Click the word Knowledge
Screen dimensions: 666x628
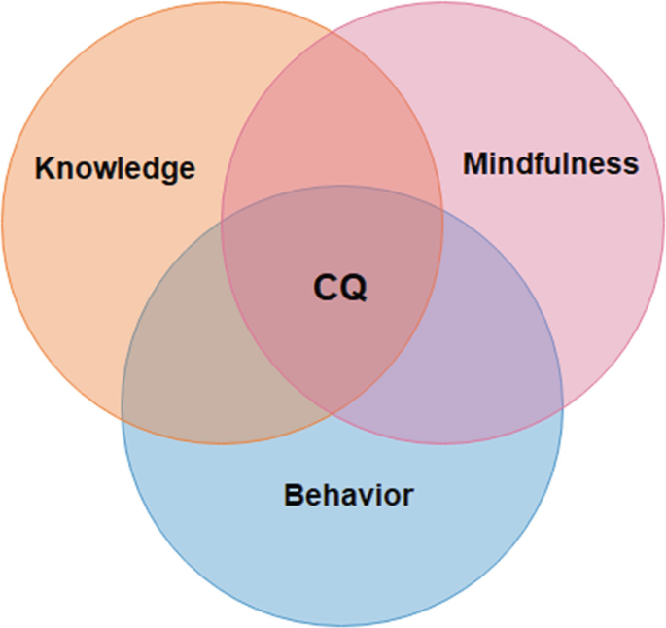pyautogui.click(x=115, y=168)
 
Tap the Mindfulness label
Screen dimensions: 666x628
pyautogui.click(x=550, y=163)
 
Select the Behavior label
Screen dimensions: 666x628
pyautogui.click(x=348, y=495)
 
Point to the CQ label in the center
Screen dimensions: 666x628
pyautogui.click(x=340, y=288)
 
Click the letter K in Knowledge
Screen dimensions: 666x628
pyautogui.click(x=44, y=168)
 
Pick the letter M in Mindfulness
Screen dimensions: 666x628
pyautogui.click(x=474, y=163)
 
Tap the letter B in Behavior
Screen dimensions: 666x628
pyautogui.click(x=293, y=495)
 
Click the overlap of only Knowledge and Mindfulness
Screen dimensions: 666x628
pyautogui.click(x=332, y=117)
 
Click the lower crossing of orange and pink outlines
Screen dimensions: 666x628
pyautogui.click(x=333, y=416)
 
